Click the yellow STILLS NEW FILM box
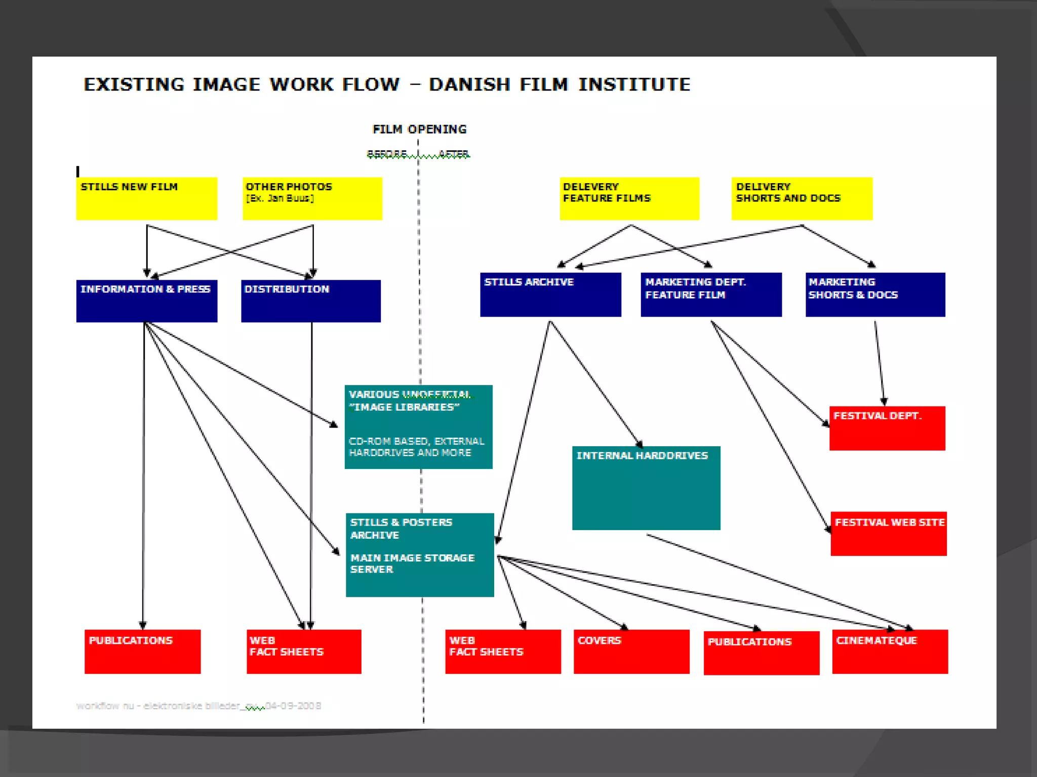pyautogui.click(x=147, y=198)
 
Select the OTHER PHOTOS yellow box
pyautogui.click(x=312, y=198)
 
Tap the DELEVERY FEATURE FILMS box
pyautogui.click(x=629, y=198)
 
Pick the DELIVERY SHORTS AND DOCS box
pyautogui.click(x=802, y=198)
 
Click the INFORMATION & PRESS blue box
pyautogui.click(x=147, y=301)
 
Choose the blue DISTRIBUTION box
pyautogui.click(x=311, y=301)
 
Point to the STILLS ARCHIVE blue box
pyautogui.click(x=550, y=294)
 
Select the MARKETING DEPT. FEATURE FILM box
pyautogui.click(x=711, y=294)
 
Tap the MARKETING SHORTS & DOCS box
pyautogui.click(x=875, y=294)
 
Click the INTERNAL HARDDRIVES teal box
pyautogui.click(x=646, y=488)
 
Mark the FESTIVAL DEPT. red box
pyautogui.click(x=887, y=428)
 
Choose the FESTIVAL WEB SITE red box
pyautogui.click(x=889, y=534)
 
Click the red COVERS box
pyautogui.click(x=631, y=652)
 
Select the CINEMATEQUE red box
pyautogui.click(x=890, y=652)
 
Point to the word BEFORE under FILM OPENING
pyautogui.click(x=387, y=153)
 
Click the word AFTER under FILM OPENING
pyautogui.click(x=454, y=153)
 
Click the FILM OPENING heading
pyautogui.click(x=419, y=129)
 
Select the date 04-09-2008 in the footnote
pyautogui.click(x=293, y=706)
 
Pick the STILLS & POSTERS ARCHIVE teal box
pyautogui.click(x=420, y=555)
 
